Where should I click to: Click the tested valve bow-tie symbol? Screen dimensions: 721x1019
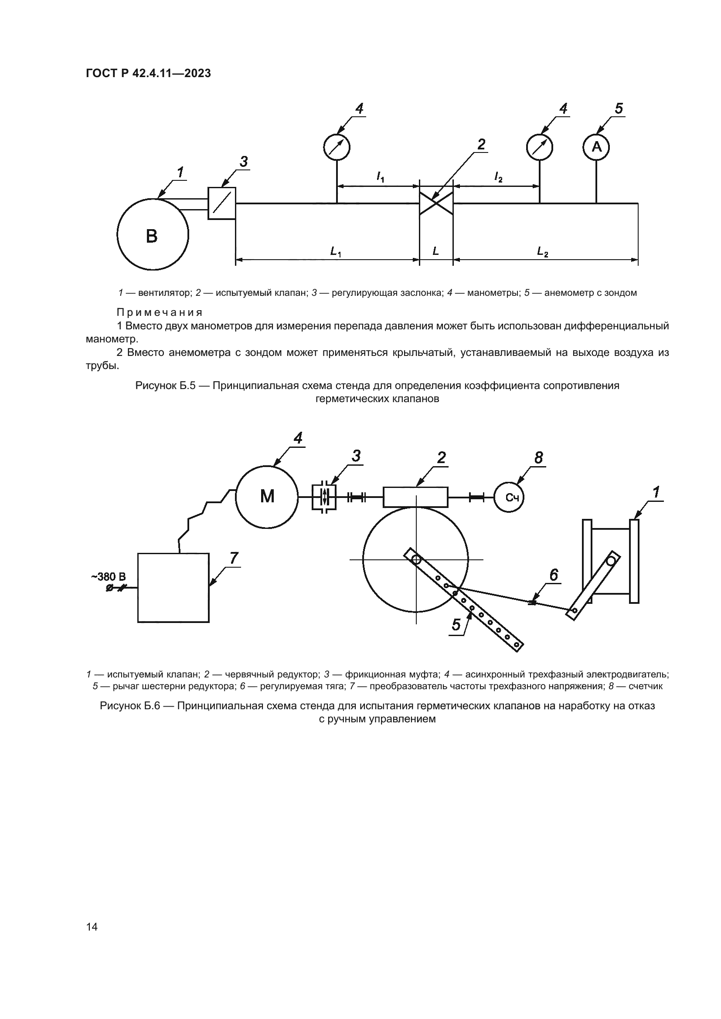436,204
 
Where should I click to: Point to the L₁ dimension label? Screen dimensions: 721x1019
336,252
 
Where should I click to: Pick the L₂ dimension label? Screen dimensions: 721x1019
543,252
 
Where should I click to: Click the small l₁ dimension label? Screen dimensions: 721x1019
381,177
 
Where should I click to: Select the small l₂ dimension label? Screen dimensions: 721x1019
498,177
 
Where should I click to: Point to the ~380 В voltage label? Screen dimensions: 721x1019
109,576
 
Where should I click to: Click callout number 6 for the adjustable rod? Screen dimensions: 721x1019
554,575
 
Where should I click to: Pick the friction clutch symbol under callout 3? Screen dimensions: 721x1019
324,497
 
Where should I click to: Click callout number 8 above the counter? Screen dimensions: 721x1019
538,457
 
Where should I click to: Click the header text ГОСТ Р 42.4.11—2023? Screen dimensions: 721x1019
148,73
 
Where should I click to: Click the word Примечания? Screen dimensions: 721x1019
160,312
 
